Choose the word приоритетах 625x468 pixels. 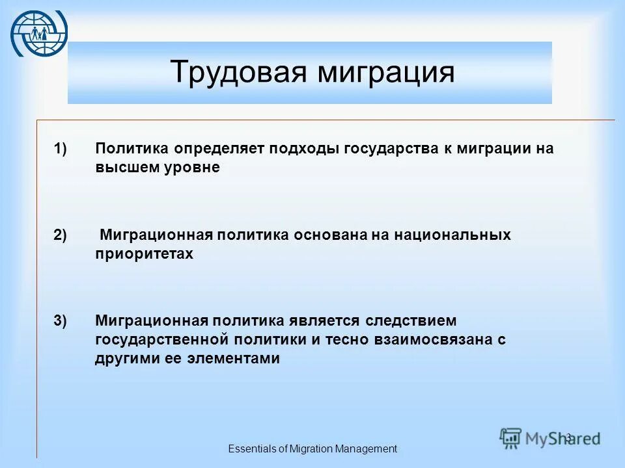(x=145, y=254)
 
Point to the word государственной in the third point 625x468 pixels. (x=163, y=339)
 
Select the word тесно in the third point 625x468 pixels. (x=343, y=339)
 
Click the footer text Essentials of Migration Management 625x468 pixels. (x=312, y=448)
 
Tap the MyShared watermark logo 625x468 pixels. (x=550, y=437)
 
